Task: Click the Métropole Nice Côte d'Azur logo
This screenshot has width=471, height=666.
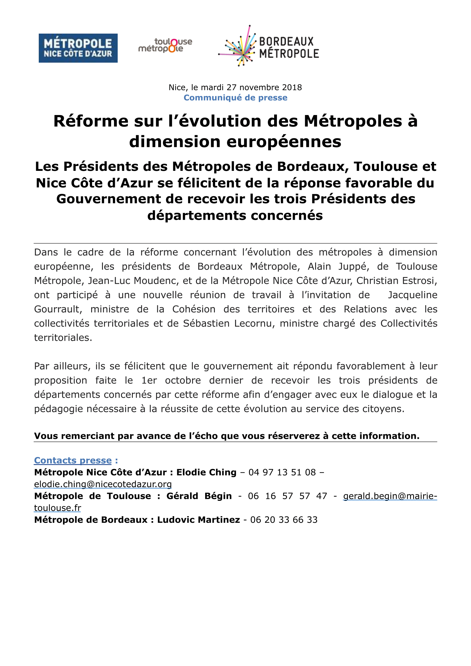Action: click(78, 48)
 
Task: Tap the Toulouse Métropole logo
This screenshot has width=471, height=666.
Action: click(165, 46)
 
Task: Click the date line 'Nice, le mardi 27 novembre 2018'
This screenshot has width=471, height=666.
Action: click(235, 87)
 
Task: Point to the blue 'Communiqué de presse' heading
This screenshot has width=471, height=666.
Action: click(235, 98)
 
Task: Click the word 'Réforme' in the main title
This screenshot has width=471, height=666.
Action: click(91, 121)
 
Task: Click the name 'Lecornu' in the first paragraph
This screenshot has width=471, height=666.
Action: click(254, 323)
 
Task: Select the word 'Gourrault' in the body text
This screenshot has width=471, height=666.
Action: click(58, 309)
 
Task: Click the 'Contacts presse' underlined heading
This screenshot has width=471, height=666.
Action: click(73, 460)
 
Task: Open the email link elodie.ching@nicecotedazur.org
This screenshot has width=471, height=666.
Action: click(103, 484)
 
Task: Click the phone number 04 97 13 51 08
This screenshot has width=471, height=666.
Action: click(282, 472)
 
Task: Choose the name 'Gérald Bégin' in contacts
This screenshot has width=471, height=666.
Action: click(199, 496)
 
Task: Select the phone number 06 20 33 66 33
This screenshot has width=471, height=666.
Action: click(284, 520)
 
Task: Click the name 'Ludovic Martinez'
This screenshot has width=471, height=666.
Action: click(199, 520)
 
